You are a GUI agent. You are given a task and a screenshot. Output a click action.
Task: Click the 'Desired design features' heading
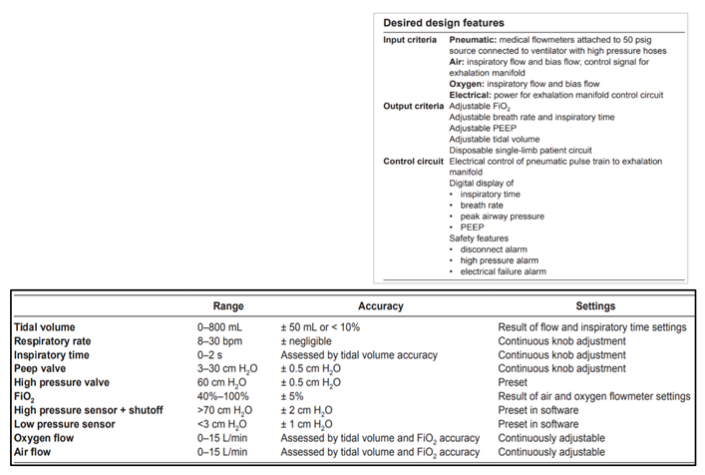pos(443,22)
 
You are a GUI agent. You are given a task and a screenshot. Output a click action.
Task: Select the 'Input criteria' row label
pos(412,39)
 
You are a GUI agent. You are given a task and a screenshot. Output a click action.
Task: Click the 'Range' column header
pos(228,305)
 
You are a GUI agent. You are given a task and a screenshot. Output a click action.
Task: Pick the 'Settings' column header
pos(594,305)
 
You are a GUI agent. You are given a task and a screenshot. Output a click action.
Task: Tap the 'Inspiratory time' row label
pos(52,354)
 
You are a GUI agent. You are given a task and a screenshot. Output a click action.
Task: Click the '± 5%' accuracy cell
pos(297,396)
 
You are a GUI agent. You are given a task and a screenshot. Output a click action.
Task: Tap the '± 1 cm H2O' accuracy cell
pos(311,424)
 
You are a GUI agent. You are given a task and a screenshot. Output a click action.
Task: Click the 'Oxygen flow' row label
pos(47,438)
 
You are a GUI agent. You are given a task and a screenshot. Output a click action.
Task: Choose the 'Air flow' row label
pos(36,452)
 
